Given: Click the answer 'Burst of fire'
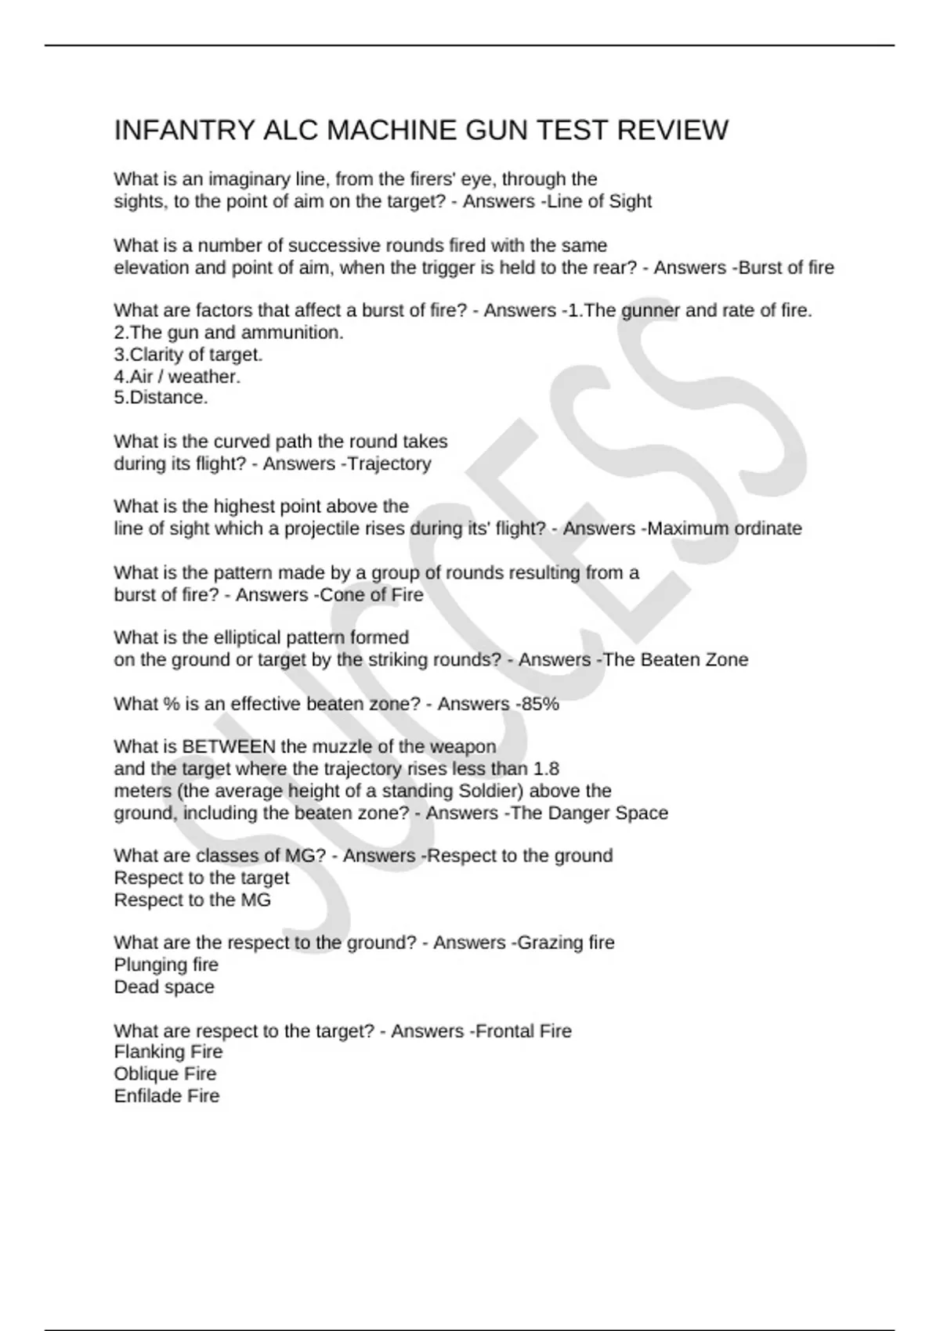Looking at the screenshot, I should (x=786, y=268).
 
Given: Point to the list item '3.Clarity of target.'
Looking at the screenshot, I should (x=188, y=355).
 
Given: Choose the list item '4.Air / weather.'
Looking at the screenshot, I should (x=177, y=377).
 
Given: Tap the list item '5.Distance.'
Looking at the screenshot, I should (x=161, y=398).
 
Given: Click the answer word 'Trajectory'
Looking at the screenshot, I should (x=389, y=464).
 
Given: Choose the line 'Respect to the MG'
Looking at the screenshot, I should (x=192, y=900).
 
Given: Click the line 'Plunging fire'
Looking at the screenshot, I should (x=166, y=965).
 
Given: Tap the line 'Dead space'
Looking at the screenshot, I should (x=164, y=987).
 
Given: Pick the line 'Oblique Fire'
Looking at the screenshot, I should (x=164, y=1074).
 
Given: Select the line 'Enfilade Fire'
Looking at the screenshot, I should (x=166, y=1096).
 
